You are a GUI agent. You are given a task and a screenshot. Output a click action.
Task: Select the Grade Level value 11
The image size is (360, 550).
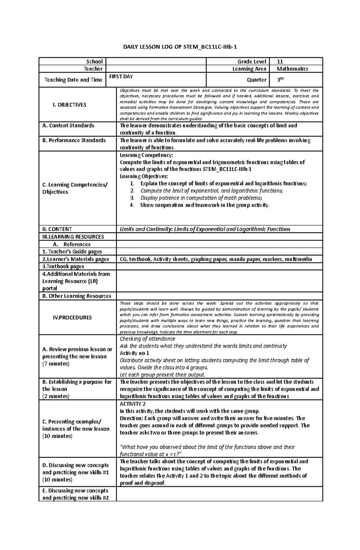pos(280,61)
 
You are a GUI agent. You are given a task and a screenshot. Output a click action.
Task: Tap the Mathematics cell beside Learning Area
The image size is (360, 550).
pos(292,69)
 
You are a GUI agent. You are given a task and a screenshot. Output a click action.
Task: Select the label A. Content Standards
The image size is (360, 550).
pos(68,125)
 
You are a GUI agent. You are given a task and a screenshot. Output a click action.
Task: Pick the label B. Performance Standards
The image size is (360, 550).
pos(74,140)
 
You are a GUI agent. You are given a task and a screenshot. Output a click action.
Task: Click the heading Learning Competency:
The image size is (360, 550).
pos(146,155)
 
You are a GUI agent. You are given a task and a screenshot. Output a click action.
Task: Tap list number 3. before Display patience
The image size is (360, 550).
pos(132,198)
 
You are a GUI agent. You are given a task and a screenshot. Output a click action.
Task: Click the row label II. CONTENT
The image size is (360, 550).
pos(57,229)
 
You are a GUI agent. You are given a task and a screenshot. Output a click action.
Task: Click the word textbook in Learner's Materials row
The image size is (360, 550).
pos(140,259)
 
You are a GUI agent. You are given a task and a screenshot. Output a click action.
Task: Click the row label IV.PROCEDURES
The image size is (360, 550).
pos(72,317)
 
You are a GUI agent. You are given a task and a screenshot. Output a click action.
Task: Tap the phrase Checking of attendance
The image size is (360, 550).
pos(147,339)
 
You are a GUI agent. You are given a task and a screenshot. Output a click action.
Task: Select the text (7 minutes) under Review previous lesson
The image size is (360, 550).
pos(56,364)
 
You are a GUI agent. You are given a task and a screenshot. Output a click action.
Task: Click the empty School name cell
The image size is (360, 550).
pos(156,61)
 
